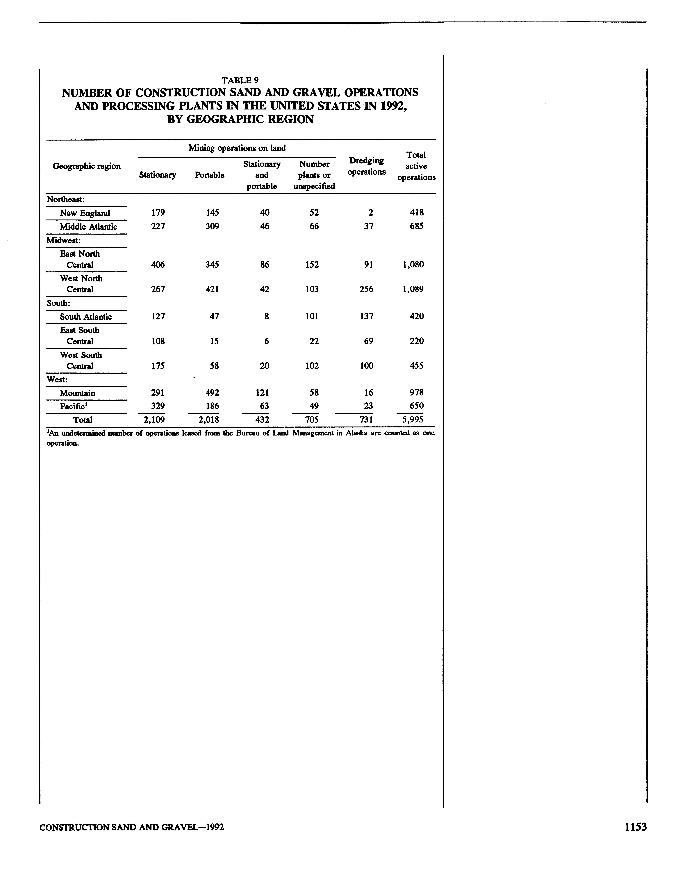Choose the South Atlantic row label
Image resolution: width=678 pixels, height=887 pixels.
(x=86, y=317)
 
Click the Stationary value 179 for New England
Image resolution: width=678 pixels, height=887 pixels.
(x=158, y=213)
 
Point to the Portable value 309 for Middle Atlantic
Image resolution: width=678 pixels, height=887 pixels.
(x=212, y=226)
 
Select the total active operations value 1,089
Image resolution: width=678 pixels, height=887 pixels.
(x=413, y=289)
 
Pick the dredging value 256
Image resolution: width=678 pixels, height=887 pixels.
(x=366, y=289)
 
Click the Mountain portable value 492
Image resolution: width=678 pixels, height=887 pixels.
(x=212, y=393)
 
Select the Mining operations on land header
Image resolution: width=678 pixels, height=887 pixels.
(x=237, y=148)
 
